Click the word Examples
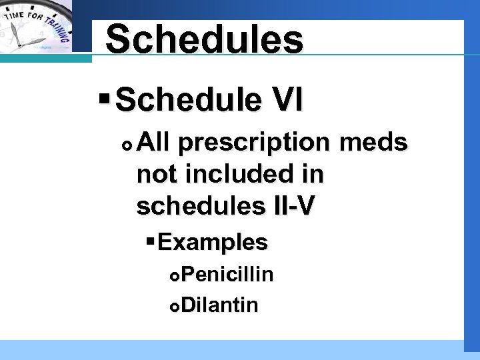(x=213, y=242)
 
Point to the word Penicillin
(x=227, y=275)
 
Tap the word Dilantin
(x=219, y=305)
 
